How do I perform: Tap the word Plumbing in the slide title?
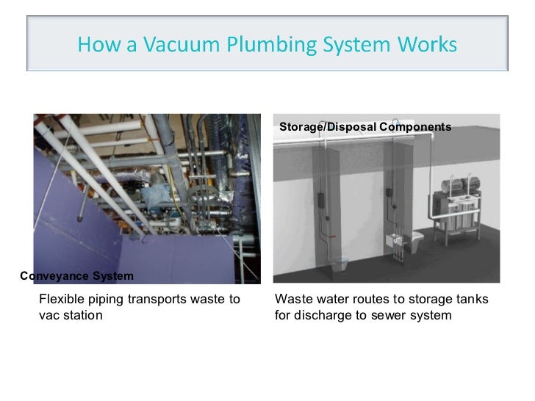coord(260,46)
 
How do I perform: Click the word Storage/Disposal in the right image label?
coord(328,128)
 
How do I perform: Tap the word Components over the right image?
coord(415,128)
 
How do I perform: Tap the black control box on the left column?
coord(322,201)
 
